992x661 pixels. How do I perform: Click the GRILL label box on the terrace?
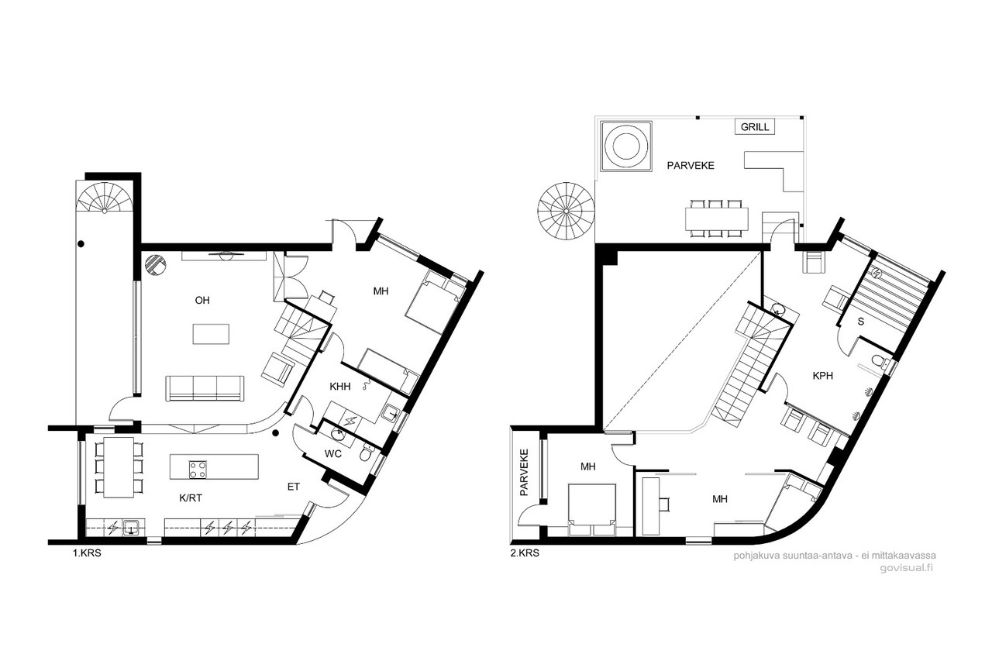click(x=755, y=127)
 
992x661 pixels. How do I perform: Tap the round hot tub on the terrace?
click(x=625, y=146)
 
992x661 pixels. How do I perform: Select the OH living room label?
click(x=202, y=301)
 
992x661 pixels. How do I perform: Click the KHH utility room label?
click(x=340, y=387)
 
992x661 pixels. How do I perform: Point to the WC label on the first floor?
click(x=333, y=454)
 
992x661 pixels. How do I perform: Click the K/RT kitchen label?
click(x=191, y=498)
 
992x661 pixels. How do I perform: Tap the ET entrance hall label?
click(x=294, y=487)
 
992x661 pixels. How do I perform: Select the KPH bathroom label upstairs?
click(x=823, y=376)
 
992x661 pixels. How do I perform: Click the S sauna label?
click(x=861, y=322)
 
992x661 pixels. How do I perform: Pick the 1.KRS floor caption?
click(x=87, y=553)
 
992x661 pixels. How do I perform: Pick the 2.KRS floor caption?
click(x=525, y=553)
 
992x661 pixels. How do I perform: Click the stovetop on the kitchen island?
click(x=198, y=470)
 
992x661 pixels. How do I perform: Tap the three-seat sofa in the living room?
click(x=205, y=389)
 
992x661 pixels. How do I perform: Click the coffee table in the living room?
click(x=211, y=334)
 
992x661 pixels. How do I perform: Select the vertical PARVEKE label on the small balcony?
click(x=525, y=473)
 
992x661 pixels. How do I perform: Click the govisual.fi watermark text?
click(x=907, y=569)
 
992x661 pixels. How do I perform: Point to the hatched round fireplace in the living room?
click(x=156, y=265)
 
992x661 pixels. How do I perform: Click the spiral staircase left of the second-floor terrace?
click(x=566, y=212)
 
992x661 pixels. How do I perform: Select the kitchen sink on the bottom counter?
click(x=132, y=527)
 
